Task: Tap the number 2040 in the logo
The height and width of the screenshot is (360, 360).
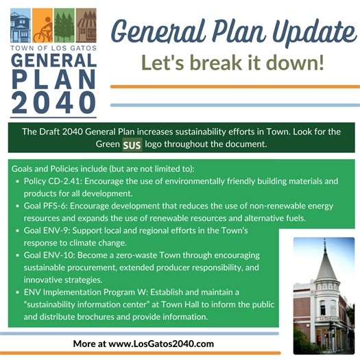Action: [x=54, y=101]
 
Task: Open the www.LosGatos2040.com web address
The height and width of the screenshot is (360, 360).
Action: [x=160, y=344]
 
